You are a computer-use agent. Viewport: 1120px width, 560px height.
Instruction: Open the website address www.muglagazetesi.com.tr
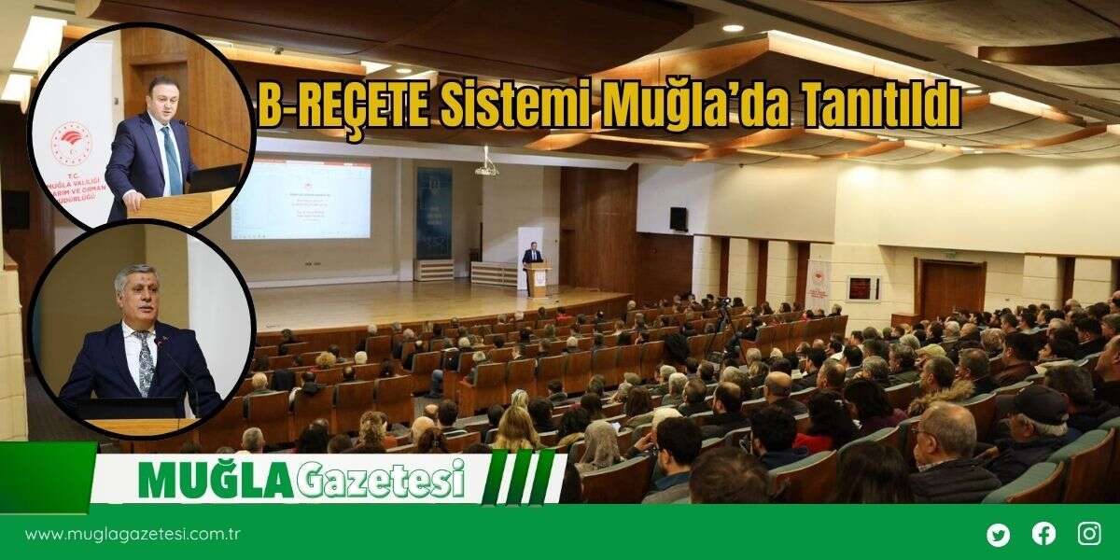pyautogui.click(x=133, y=535)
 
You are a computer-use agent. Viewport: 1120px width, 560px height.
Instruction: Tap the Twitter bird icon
pyautogui.click(x=998, y=535)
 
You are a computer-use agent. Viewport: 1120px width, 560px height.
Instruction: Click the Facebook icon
pyautogui.click(x=1043, y=534)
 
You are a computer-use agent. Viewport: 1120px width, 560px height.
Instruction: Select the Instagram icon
pyautogui.click(x=1089, y=534)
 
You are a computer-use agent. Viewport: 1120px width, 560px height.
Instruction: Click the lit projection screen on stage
pyautogui.click(x=301, y=199)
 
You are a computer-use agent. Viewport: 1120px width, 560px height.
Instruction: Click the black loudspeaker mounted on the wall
pyautogui.click(x=679, y=218)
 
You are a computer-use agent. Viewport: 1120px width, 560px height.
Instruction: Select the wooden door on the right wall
pyautogui.click(x=952, y=289)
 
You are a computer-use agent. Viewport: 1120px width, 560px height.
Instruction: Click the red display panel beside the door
pyautogui.click(x=862, y=287)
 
